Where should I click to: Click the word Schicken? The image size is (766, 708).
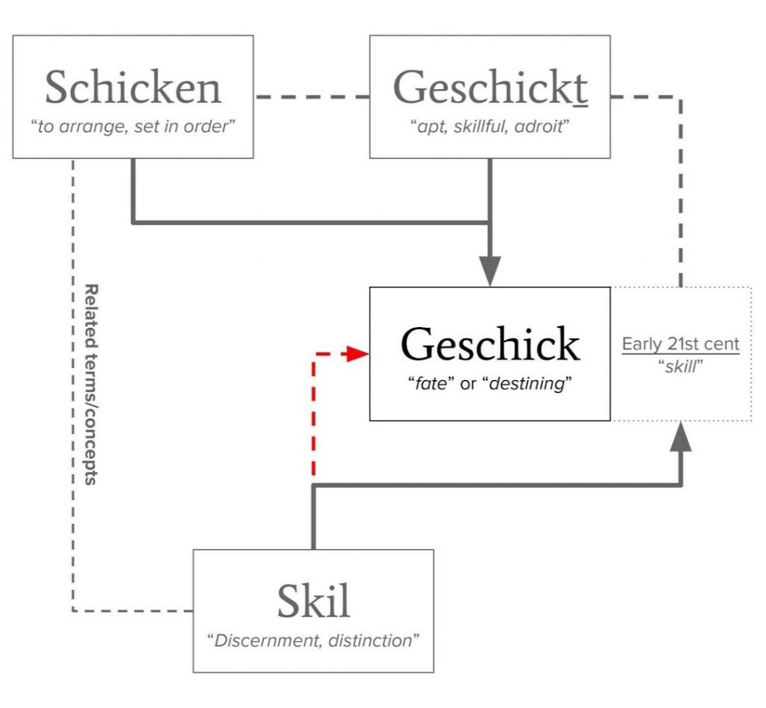point(133,88)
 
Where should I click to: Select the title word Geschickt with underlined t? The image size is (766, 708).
point(490,88)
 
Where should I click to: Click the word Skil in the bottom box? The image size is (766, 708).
point(313,600)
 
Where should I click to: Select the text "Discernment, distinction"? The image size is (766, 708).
point(313,641)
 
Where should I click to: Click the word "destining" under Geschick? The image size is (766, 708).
point(533,385)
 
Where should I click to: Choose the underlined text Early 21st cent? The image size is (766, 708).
point(681,344)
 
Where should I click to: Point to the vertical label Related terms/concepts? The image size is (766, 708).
point(92,384)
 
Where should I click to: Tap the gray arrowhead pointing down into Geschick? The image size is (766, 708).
point(490,270)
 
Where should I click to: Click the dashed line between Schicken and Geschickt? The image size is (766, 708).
point(311,97)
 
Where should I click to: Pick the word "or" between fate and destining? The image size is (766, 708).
point(474,385)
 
